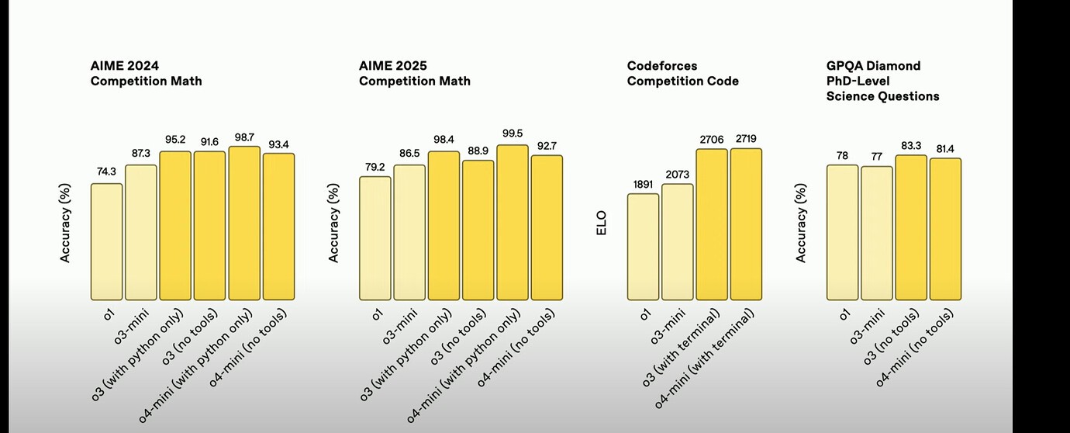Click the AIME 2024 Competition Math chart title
click(146, 73)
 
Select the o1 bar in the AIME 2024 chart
click(106, 241)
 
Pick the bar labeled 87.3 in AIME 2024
click(140, 232)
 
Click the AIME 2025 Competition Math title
click(414, 73)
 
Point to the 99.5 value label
click(513, 134)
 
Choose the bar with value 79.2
click(375, 238)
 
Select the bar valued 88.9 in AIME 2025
click(478, 230)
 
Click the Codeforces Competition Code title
click(682, 73)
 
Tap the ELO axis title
click(602, 223)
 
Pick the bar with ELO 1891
click(644, 247)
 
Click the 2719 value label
click(746, 138)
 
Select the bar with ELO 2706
click(712, 224)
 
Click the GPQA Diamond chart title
click(882, 81)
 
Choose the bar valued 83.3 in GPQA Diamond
click(911, 227)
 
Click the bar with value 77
click(877, 233)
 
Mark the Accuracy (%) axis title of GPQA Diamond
click(802, 223)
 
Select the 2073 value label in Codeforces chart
click(678, 174)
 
